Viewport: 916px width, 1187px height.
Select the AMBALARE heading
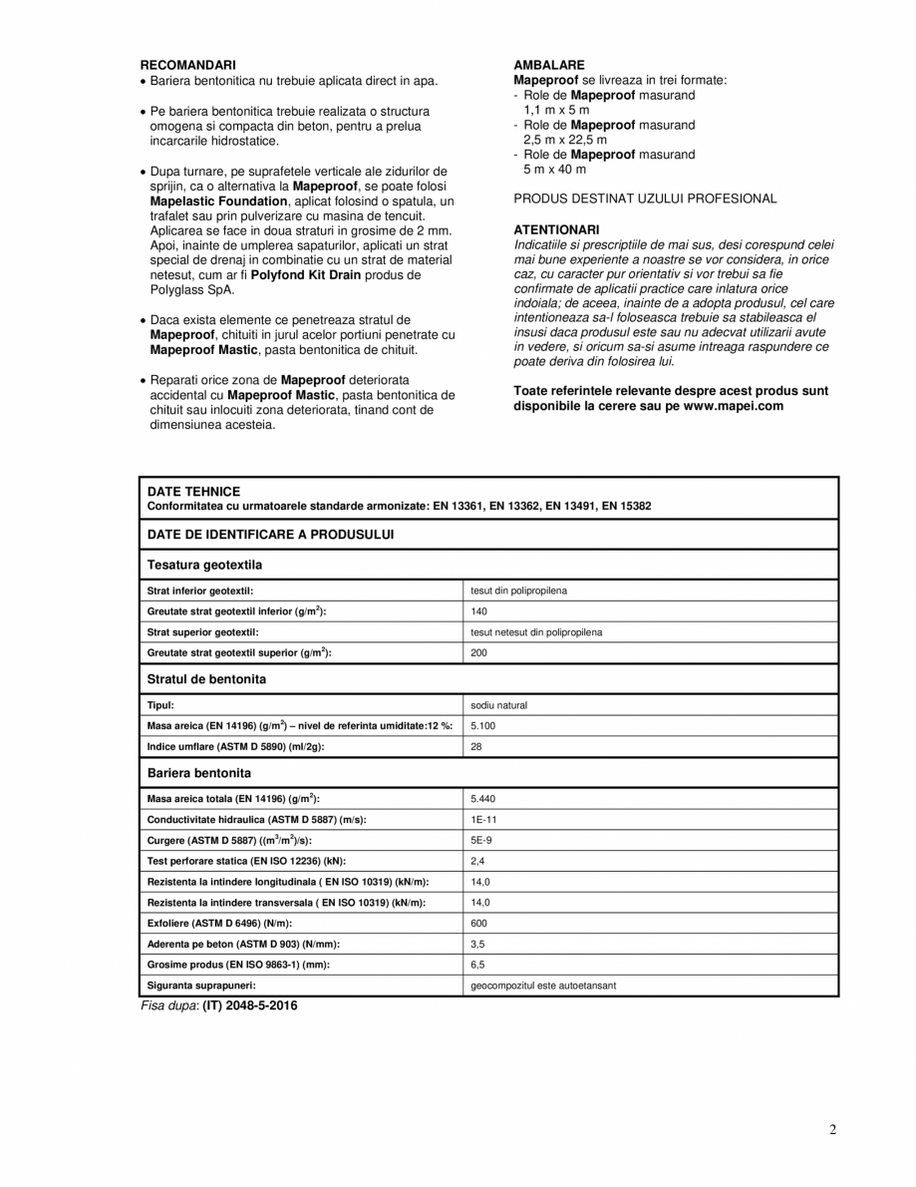tap(549, 65)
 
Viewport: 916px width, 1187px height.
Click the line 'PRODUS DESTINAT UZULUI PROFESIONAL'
tap(645, 198)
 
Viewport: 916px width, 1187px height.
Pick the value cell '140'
tap(478, 611)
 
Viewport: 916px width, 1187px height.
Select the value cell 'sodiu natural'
tap(498, 705)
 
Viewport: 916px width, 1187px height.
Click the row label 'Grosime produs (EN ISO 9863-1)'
tap(238, 965)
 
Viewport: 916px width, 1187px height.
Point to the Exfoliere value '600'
tap(478, 923)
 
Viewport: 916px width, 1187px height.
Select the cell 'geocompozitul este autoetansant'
tap(542, 986)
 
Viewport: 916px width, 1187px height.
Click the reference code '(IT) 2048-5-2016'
tap(249, 1006)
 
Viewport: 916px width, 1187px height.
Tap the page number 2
tap(832, 1130)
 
